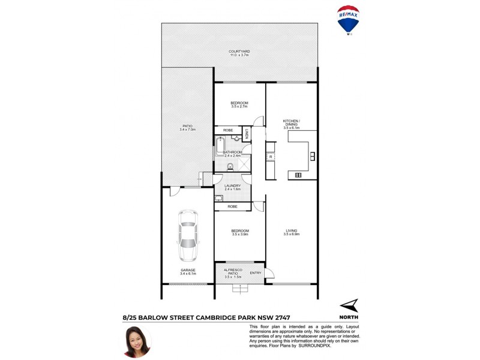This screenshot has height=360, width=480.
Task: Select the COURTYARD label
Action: point(239,52)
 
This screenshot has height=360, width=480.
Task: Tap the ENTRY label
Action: point(256,273)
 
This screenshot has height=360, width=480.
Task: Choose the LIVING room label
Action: point(292,231)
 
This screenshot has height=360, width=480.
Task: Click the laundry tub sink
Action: point(218,197)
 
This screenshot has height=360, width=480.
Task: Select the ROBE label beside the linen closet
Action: point(228,130)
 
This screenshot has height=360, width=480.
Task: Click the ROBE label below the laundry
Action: point(232,206)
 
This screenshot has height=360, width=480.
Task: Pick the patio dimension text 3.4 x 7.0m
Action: point(187,130)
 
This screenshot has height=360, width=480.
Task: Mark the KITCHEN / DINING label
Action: point(292,124)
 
